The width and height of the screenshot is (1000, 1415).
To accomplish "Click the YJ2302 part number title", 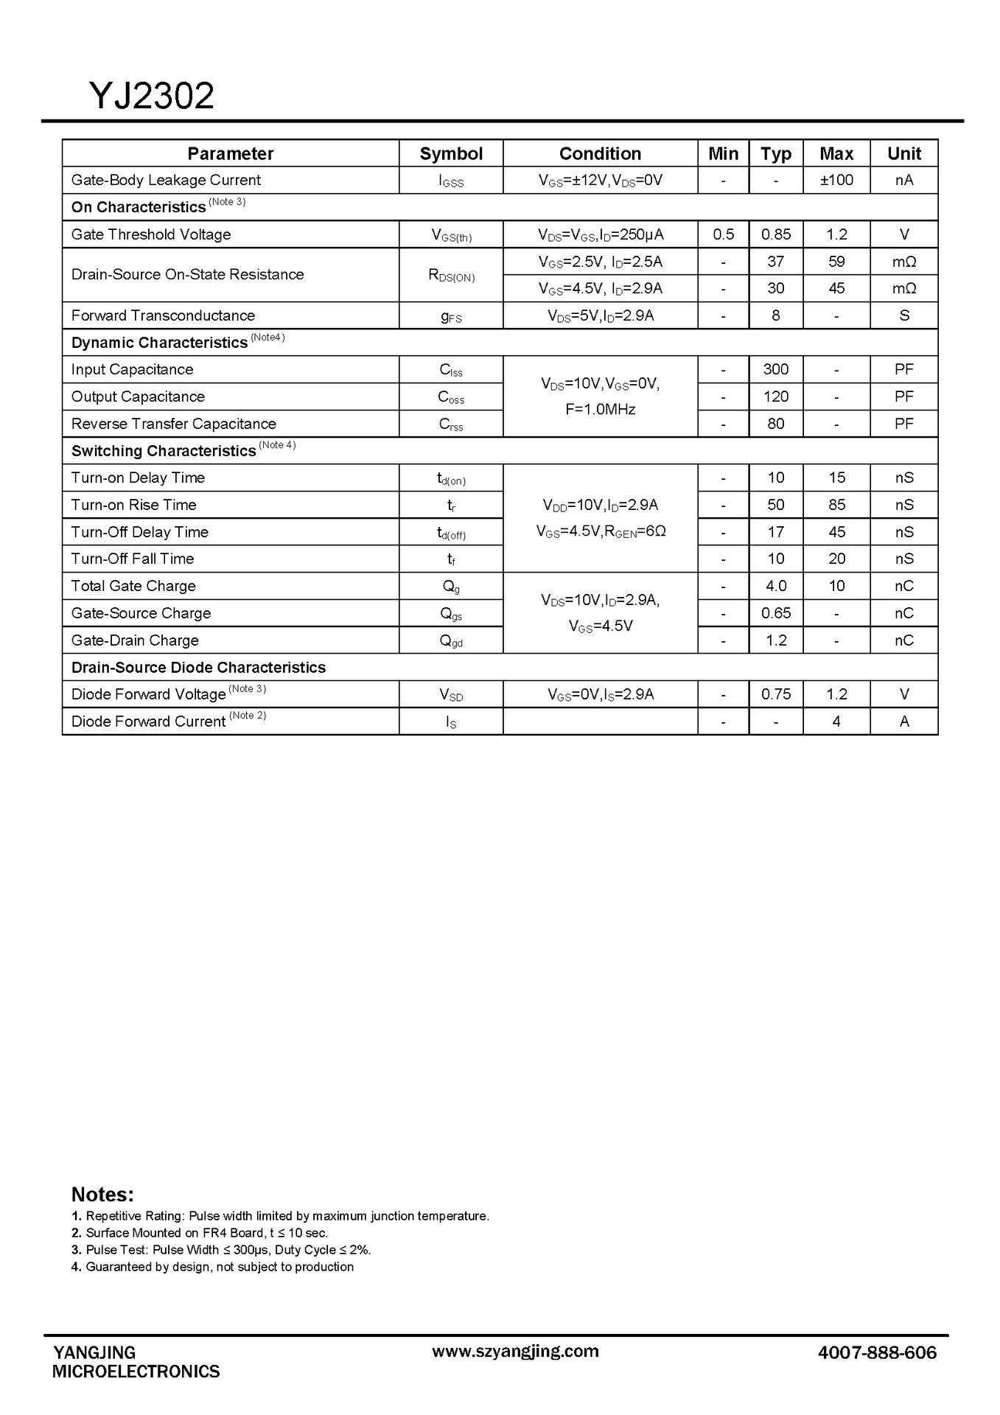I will pos(152,96).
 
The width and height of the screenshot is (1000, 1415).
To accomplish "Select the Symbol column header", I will pos(451,153).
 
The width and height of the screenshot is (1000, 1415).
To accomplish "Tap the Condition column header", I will pos(600,153).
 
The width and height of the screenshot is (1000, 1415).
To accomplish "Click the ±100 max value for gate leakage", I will pos(836,180).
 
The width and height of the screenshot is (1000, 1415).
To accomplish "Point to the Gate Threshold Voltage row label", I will pos(151,234).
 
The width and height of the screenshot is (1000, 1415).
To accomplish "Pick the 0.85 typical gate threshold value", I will pos(776,234).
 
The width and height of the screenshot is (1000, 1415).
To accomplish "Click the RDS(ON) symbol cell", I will pos(451,275).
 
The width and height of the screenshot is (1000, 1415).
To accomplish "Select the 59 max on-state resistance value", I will pos(836,262).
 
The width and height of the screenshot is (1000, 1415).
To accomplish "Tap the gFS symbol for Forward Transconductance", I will pos(451,316).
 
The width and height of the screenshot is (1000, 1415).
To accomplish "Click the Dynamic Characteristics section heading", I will pos(159,343).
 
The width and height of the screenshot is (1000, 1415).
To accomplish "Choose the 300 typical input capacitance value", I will pos(776,369).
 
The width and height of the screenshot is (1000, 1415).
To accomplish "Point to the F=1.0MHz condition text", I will pos(600,410).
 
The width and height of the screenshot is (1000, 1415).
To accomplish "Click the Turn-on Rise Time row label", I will pos(134,505).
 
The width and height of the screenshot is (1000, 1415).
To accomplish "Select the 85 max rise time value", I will pos(836,505).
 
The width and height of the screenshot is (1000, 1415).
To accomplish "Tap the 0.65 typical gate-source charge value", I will pos(776,613).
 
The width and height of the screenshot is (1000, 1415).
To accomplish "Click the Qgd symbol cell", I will pos(451,640).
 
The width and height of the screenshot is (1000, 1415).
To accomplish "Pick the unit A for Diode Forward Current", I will pos(904,722).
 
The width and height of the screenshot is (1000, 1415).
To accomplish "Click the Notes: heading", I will pos(102,1195).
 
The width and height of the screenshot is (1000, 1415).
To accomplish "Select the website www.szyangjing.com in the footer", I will pos(515,1351).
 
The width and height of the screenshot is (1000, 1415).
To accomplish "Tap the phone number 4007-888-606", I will pos(877,1352).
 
